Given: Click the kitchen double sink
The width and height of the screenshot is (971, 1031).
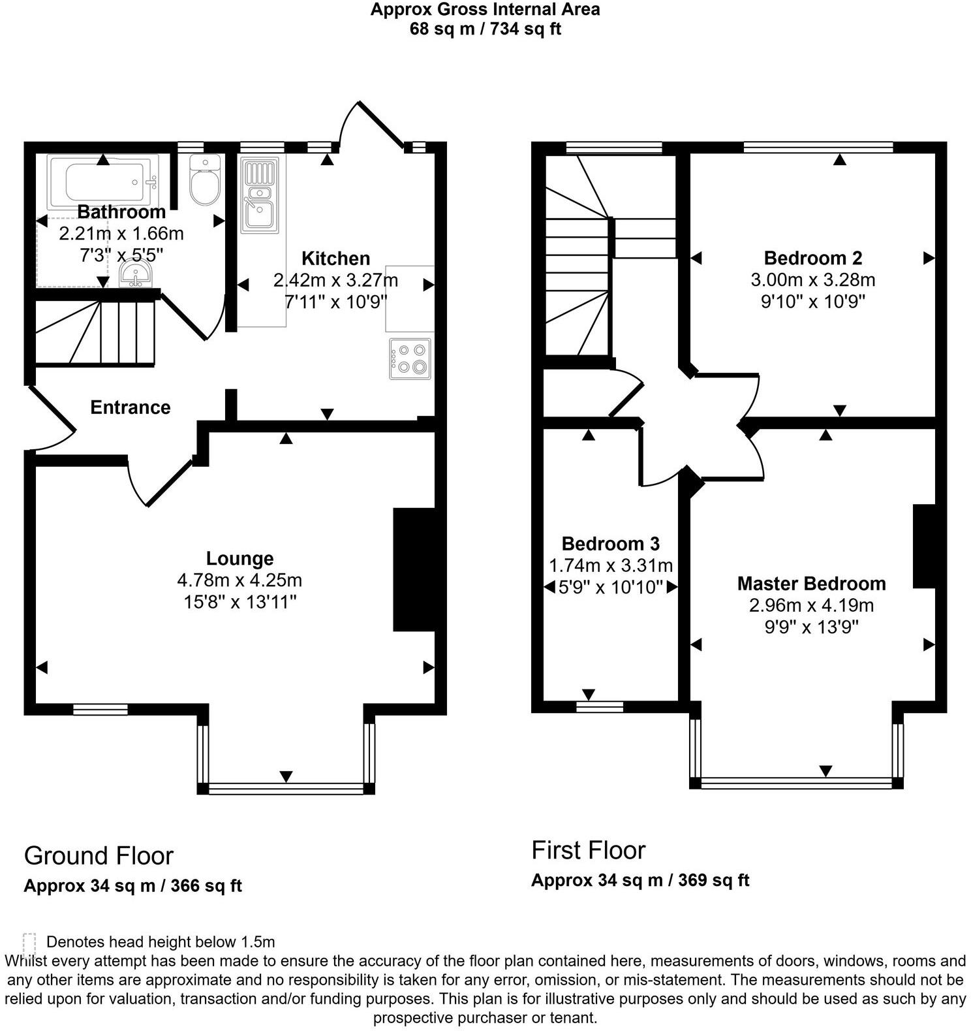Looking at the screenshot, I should pyautogui.click(x=260, y=196).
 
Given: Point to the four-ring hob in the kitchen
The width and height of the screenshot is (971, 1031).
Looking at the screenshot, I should pyautogui.click(x=410, y=358).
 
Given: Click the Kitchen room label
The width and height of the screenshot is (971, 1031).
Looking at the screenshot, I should pyautogui.click(x=336, y=259).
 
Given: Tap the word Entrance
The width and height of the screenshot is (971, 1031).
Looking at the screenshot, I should pyautogui.click(x=131, y=407).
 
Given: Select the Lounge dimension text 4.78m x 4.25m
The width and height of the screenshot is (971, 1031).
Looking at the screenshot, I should pyautogui.click(x=239, y=580).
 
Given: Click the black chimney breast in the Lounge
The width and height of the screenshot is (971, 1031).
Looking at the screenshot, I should pyautogui.click(x=414, y=569).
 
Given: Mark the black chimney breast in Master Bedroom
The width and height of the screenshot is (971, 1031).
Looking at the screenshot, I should pyautogui.click(x=924, y=546).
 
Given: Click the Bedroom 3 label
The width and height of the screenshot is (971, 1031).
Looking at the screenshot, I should pyautogui.click(x=610, y=544).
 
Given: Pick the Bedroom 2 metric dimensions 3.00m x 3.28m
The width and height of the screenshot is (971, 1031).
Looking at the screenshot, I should pyautogui.click(x=812, y=280).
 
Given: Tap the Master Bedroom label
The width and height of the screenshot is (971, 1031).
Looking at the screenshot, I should pyautogui.click(x=811, y=584).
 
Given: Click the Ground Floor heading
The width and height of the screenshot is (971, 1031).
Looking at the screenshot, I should pyautogui.click(x=99, y=855).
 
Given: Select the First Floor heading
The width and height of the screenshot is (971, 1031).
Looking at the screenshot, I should pyautogui.click(x=588, y=850).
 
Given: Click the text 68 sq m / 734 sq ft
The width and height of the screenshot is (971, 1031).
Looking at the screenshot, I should pyautogui.click(x=485, y=29).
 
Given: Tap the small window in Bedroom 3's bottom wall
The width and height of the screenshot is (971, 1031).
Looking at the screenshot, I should pyautogui.click(x=600, y=705).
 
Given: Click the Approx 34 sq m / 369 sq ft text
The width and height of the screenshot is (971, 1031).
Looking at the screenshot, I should pyautogui.click(x=640, y=880).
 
